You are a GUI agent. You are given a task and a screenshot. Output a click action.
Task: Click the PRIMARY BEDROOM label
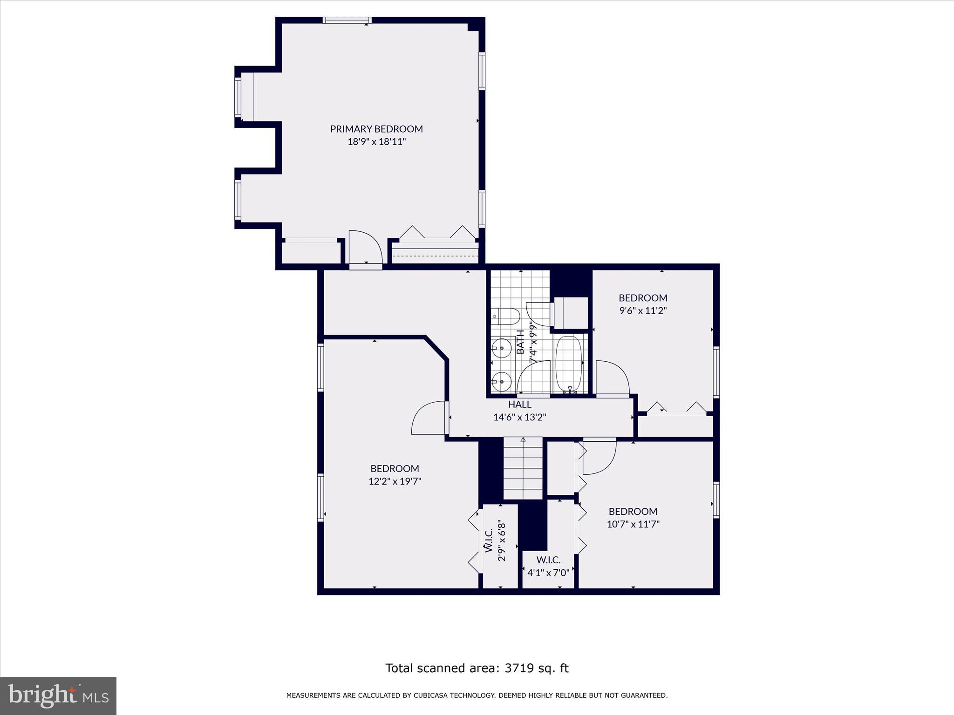pyautogui.click(x=376, y=129)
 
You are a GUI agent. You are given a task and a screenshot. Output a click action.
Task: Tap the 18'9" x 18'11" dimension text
pyautogui.click(x=376, y=142)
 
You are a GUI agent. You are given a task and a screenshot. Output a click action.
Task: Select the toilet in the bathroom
pyautogui.click(x=506, y=317)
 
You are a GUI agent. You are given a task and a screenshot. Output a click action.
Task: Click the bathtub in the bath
pyautogui.click(x=568, y=364)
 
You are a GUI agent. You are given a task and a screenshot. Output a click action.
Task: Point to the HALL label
pyautogui.click(x=519, y=405)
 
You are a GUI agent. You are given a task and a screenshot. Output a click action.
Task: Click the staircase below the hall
pyautogui.click(x=523, y=468)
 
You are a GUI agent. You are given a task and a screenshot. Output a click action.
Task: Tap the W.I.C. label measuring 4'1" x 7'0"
pyautogui.click(x=548, y=560)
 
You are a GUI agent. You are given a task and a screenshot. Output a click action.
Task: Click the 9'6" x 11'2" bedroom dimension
pyautogui.click(x=643, y=311)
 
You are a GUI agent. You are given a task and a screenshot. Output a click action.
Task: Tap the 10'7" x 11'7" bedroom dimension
pyautogui.click(x=633, y=524)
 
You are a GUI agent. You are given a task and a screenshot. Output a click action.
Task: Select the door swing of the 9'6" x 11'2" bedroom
pyautogui.click(x=612, y=378)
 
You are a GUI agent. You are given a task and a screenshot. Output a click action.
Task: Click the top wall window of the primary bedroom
pyautogui.click(x=347, y=20)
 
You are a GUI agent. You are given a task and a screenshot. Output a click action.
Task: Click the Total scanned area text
pyautogui.click(x=477, y=668)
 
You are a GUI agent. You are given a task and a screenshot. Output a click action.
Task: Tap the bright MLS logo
pyautogui.click(x=58, y=695)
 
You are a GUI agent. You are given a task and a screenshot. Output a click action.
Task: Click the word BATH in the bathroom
pyautogui.click(x=521, y=342)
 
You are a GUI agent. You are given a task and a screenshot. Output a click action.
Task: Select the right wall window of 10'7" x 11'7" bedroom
pyautogui.click(x=716, y=500)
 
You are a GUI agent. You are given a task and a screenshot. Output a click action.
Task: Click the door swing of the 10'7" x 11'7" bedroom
pyautogui.click(x=600, y=457)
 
